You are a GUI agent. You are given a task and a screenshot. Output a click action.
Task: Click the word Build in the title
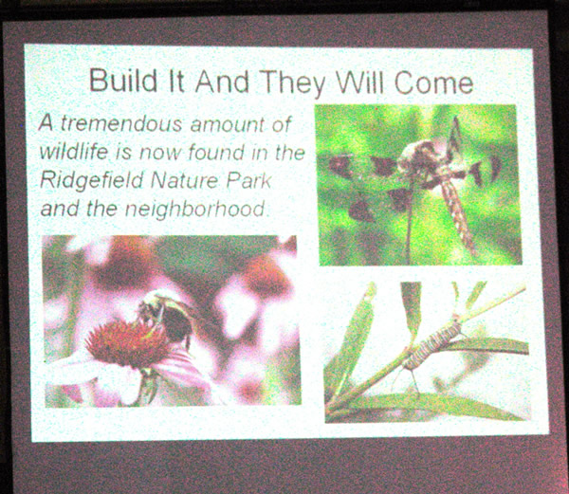tap(123, 80)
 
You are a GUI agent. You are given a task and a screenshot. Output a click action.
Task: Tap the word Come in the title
tap(433, 82)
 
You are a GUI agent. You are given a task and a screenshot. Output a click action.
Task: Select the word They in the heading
tap(293, 83)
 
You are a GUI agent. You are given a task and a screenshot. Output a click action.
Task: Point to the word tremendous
tap(121, 123)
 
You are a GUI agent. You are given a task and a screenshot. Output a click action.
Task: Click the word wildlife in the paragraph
tap(74, 152)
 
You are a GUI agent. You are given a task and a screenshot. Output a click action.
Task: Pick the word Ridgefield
tap(91, 180)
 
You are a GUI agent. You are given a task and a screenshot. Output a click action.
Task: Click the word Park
tap(248, 180)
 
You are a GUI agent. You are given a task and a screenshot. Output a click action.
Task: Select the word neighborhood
tap(195, 210)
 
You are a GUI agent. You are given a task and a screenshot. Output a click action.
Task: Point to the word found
tap(216, 152)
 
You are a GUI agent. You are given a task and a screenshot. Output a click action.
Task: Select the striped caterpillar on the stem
tap(432, 344)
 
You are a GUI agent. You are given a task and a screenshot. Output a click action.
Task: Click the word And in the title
tap(222, 81)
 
